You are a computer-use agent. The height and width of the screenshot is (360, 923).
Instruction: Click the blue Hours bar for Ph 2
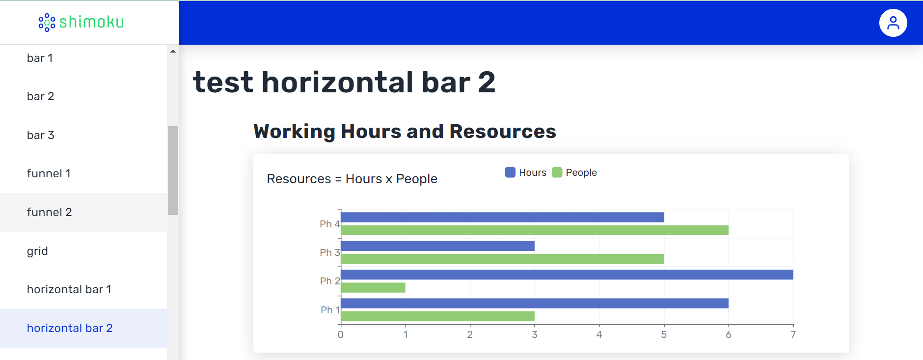point(567,275)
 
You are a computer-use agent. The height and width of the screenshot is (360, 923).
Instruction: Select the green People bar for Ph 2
point(373,287)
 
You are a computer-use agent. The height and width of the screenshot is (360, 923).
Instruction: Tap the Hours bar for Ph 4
point(502,217)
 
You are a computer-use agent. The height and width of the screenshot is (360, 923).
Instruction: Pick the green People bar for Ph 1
point(437,316)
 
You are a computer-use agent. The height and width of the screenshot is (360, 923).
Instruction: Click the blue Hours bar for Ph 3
point(437,246)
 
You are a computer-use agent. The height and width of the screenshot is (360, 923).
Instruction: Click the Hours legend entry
point(526,172)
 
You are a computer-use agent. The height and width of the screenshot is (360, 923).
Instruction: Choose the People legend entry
point(574,172)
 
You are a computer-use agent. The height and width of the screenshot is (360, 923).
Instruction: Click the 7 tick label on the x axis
point(793,334)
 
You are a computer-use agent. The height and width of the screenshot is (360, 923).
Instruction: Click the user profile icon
point(893,23)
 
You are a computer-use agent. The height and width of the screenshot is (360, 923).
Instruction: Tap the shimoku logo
point(81,22)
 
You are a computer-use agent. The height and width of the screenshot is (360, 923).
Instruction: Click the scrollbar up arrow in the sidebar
point(173,51)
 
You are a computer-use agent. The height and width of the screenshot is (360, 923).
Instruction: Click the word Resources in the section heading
point(503,132)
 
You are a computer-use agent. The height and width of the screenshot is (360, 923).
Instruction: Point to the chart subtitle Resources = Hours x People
point(352,179)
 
